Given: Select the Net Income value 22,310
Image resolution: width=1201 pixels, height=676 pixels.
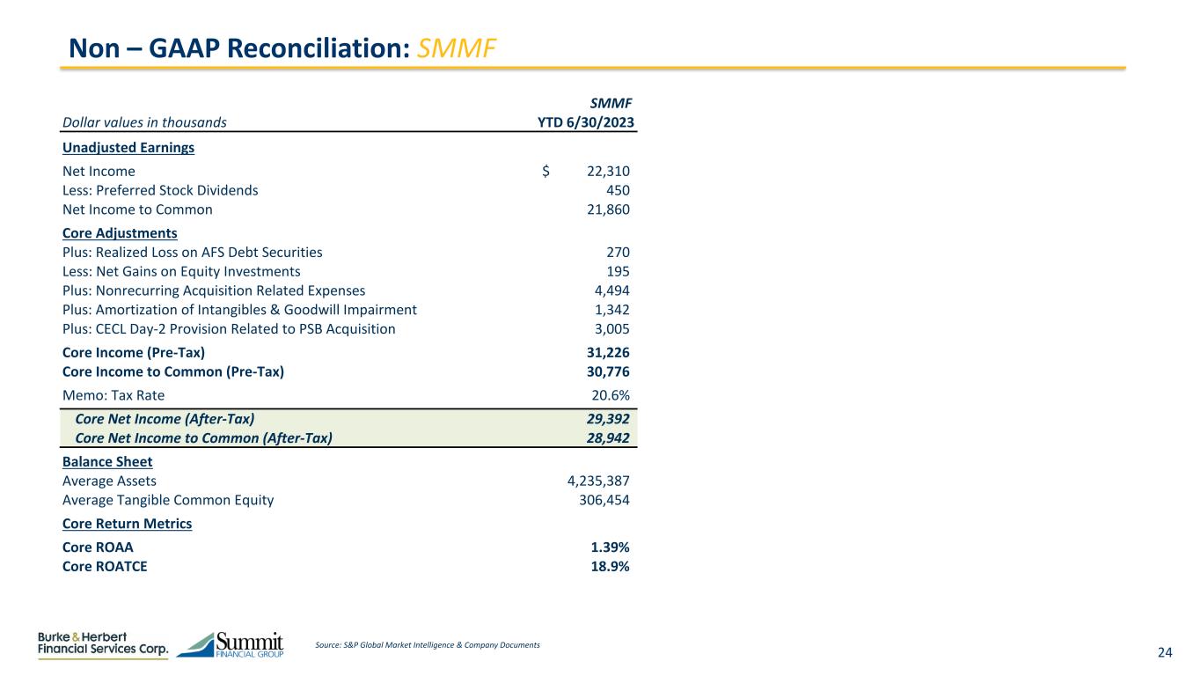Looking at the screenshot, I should pyautogui.click(x=608, y=171).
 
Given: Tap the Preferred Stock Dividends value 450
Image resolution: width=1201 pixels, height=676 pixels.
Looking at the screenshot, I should pyautogui.click(x=619, y=190).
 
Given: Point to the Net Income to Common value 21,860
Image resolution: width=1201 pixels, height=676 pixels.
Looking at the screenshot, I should pyautogui.click(x=608, y=209).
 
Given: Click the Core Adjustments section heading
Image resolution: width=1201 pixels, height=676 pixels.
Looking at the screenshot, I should pyautogui.click(x=120, y=233).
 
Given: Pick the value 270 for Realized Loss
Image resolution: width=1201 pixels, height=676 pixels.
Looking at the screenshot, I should pyautogui.click(x=619, y=252).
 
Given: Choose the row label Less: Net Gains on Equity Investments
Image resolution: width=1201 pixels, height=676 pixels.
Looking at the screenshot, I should pyautogui.click(x=181, y=271).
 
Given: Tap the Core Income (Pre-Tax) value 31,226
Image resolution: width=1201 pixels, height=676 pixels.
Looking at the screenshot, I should pyautogui.click(x=608, y=352).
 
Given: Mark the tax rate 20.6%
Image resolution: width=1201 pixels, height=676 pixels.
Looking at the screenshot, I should pyautogui.click(x=610, y=395).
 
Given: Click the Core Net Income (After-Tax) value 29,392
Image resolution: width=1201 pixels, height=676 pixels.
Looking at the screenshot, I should pyautogui.click(x=608, y=419).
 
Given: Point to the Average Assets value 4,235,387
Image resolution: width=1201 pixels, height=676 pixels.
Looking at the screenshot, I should pyautogui.click(x=598, y=481).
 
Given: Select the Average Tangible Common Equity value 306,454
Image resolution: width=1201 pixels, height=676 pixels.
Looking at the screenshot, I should pyautogui.click(x=603, y=500).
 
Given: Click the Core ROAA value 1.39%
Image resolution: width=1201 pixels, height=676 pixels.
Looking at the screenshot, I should pyautogui.click(x=610, y=547).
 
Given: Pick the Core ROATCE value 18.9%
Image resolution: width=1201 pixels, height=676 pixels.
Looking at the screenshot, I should pyautogui.click(x=610, y=566).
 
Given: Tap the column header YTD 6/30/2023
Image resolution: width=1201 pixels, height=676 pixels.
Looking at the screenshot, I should pyautogui.click(x=586, y=122).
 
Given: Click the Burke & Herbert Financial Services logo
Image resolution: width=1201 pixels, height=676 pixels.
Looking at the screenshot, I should pyautogui.click(x=103, y=644).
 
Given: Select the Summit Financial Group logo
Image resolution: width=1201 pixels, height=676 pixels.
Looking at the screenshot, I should pyautogui.click(x=231, y=644).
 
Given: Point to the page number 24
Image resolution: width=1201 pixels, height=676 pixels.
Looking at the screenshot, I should pyautogui.click(x=1165, y=652).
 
